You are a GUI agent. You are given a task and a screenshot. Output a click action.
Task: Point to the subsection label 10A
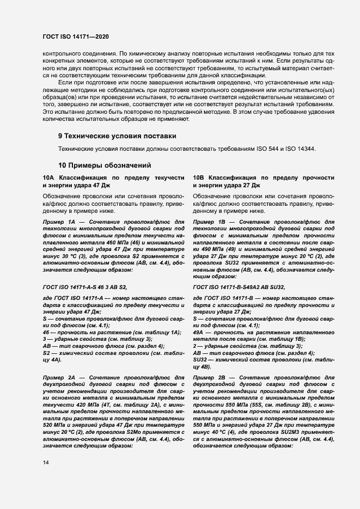[48, 178]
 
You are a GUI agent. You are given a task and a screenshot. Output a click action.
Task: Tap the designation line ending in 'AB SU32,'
[239, 286]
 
